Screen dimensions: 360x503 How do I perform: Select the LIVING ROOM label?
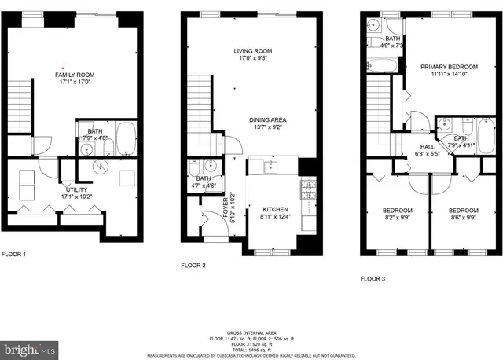point(252,51)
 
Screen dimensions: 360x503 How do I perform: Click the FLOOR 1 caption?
point(13,254)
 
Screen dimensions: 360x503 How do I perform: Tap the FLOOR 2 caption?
point(193,265)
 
